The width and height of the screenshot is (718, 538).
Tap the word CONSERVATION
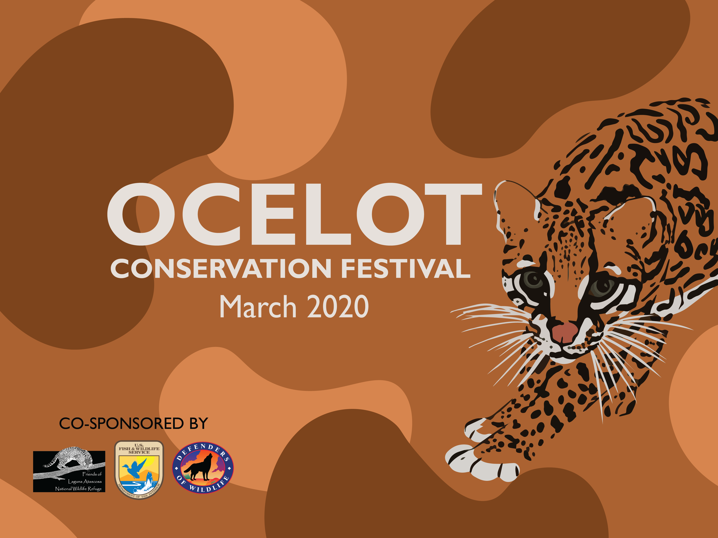[x=221, y=269]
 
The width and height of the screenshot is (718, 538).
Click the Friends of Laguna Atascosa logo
[x=69, y=471]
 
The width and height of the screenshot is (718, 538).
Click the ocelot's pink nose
[x=565, y=331]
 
